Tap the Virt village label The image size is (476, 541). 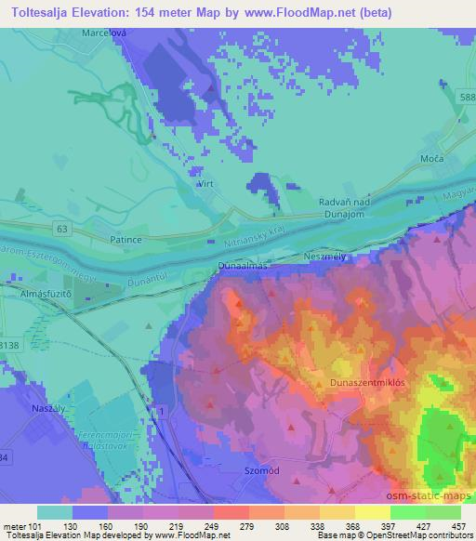206,186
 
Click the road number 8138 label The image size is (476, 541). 7,344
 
